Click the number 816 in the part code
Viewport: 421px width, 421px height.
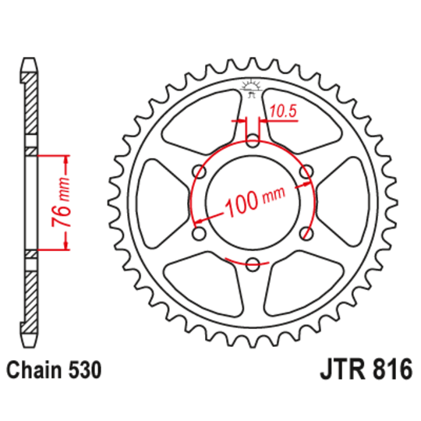point(389,369)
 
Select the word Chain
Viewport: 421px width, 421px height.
point(36,369)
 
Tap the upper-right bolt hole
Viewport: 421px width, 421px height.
point(306,172)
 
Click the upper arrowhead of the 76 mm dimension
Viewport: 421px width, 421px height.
point(65,159)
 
